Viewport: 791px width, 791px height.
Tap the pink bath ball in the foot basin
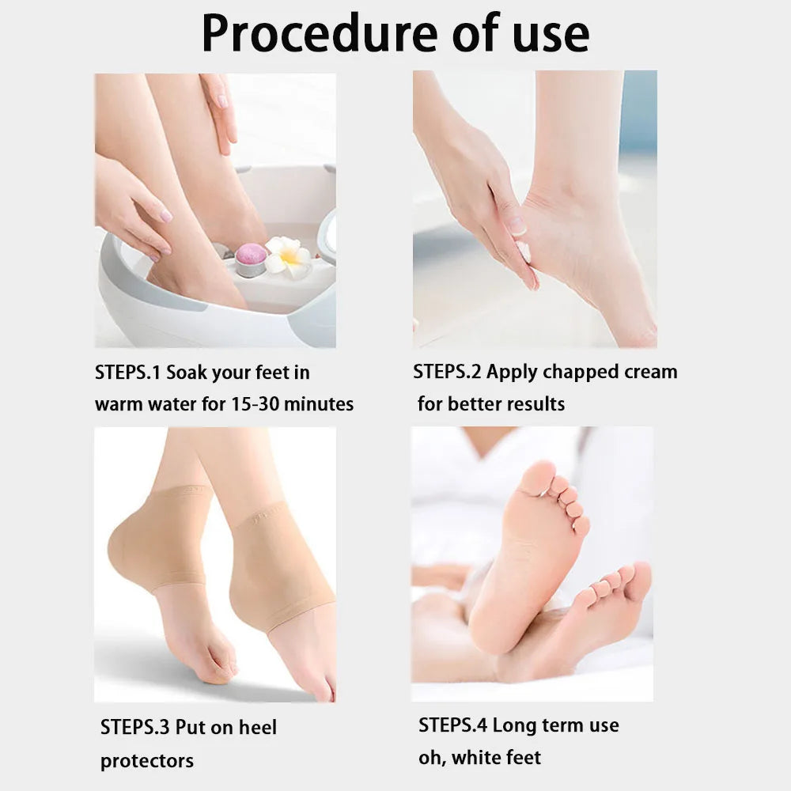[252, 255]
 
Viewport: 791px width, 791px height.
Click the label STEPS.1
[128, 372]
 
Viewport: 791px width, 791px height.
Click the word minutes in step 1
[320, 404]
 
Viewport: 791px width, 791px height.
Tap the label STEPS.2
[447, 372]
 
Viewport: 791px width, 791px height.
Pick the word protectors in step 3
[146, 761]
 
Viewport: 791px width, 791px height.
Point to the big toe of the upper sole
[539, 478]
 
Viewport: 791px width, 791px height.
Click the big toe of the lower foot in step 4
[638, 581]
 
